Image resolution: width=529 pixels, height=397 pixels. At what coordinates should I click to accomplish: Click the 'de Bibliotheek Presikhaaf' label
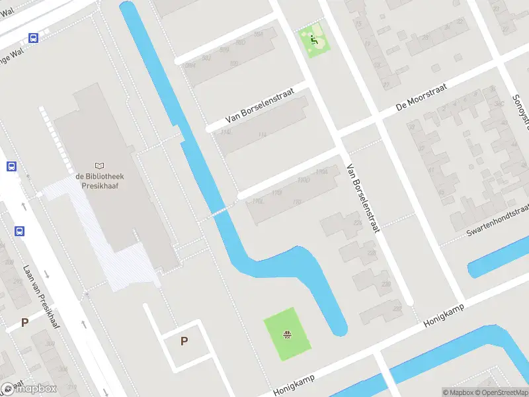pyautogui.click(x=100, y=181)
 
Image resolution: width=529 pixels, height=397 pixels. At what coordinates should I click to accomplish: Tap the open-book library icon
pyautogui.click(x=100, y=165)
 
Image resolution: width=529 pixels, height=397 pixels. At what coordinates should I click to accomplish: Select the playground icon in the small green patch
pyautogui.click(x=314, y=40)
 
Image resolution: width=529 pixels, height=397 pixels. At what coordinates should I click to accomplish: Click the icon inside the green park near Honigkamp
pyautogui.click(x=287, y=334)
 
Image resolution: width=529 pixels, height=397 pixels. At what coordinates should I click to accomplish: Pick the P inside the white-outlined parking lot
pyautogui.click(x=184, y=341)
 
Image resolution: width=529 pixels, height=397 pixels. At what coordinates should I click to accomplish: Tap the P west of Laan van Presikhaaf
pyautogui.click(x=24, y=322)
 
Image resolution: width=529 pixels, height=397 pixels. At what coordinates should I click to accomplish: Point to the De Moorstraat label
pyautogui.click(x=421, y=97)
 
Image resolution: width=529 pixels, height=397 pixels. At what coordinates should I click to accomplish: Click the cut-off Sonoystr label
pyautogui.click(x=518, y=106)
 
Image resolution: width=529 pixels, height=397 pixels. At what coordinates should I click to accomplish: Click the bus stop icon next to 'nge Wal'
pyautogui.click(x=33, y=38)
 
